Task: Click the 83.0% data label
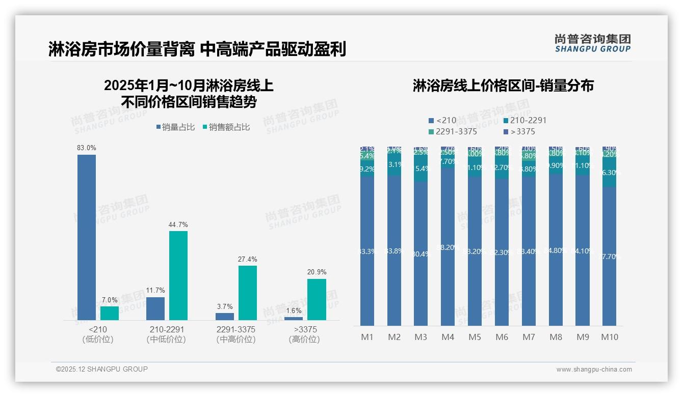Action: click(x=87, y=148)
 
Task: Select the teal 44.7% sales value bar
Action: click(x=178, y=275)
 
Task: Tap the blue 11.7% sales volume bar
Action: click(x=155, y=308)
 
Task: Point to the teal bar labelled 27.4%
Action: click(x=248, y=293)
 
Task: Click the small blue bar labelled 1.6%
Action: click(x=294, y=319)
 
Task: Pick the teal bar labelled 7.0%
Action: click(x=110, y=313)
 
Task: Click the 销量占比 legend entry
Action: click(x=175, y=127)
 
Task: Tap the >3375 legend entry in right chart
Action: click(x=519, y=132)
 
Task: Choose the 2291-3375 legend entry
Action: click(x=453, y=132)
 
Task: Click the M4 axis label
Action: click(x=448, y=337)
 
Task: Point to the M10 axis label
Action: click(x=610, y=337)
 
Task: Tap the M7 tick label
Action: click(x=529, y=337)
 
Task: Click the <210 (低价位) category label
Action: click(x=98, y=334)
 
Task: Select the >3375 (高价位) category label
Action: click(x=305, y=334)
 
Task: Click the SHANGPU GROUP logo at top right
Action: click(x=593, y=43)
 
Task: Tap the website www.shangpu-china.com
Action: click(x=594, y=370)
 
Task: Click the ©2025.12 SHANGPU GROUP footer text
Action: click(x=102, y=369)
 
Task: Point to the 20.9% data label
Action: click(x=317, y=272)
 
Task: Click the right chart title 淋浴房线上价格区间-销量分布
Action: click(x=503, y=86)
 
